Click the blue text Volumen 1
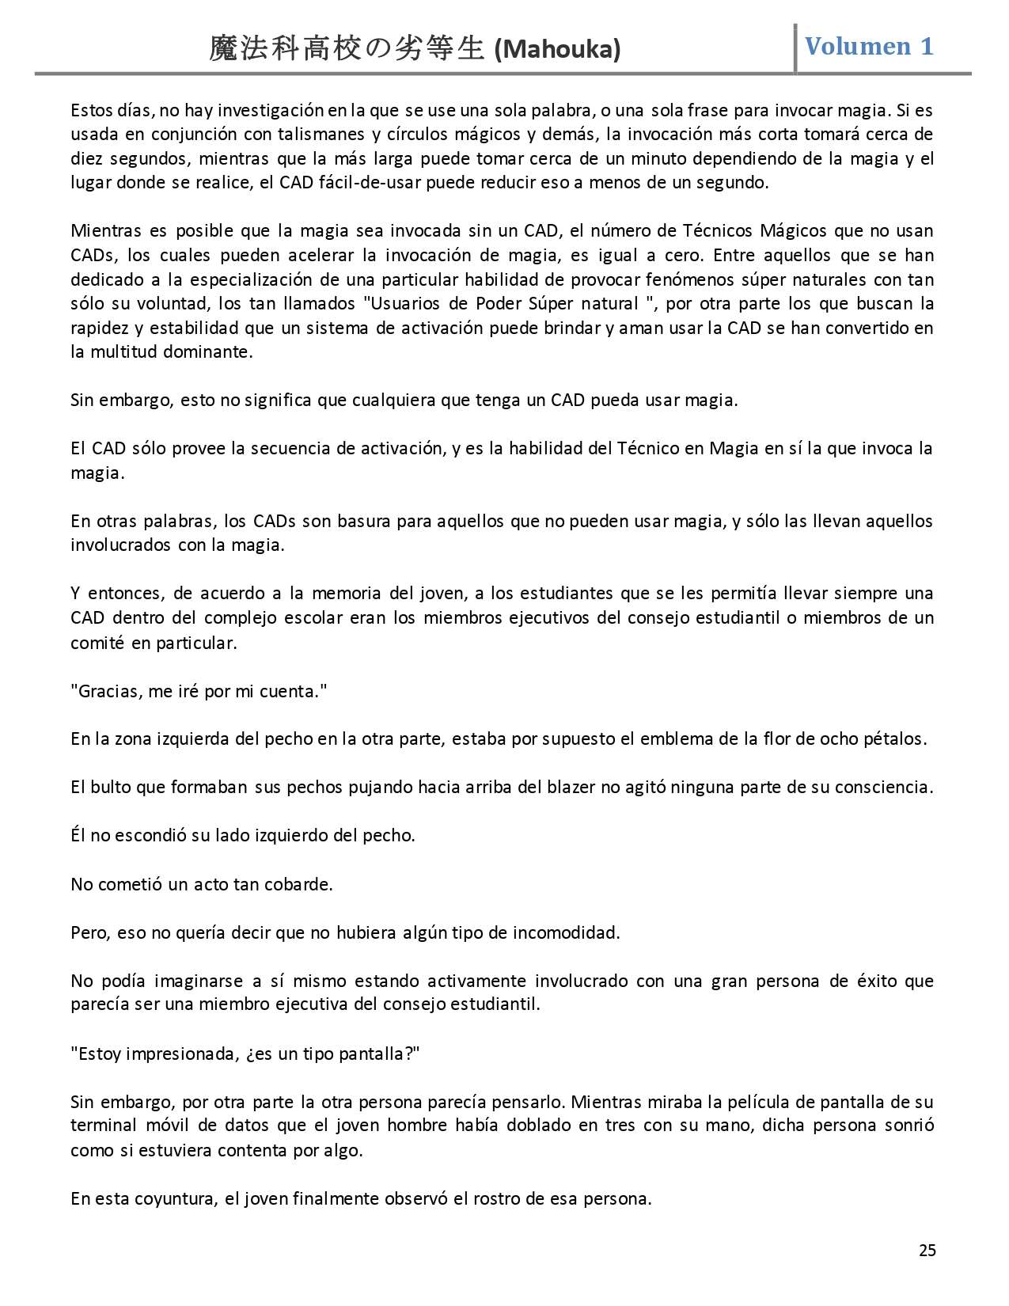click(x=869, y=47)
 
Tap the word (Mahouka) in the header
click(x=556, y=51)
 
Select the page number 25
click(x=927, y=1250)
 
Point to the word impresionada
click(x=183, y=1054)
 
